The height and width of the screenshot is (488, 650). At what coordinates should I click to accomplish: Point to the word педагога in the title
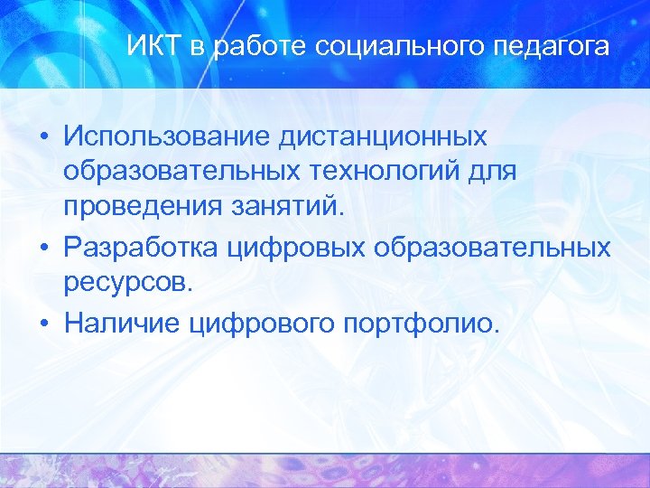pyautogui.click(x=557, y=47)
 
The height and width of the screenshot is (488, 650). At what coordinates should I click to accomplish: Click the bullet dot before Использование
pyautogui.click(x=43, y=138)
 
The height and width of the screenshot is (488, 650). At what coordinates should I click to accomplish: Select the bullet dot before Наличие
pyautogui.click(x=43, y=323)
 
